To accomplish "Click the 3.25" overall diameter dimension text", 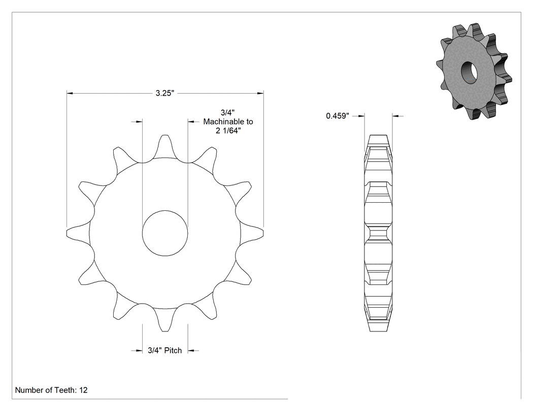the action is pyautogui.click(x=165, y=93).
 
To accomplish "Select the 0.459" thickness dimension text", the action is pyautogui.click(x=338, y=116).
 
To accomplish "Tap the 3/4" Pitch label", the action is pyautogui.click(x=165, y=350).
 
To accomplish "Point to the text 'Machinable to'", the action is pyautogui.click(x=228, y=122).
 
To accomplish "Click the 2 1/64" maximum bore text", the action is pyautogui.click(x=228, y=131).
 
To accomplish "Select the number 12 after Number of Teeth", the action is pyautogui.click(x=83, y=390).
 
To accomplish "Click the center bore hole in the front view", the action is pyautogui.click(x=165, y=233).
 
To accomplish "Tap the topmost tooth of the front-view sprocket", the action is pyautogui.click(x=165, y=146).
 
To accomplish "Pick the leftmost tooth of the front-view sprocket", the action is pyautogui.click(x=78, y=233).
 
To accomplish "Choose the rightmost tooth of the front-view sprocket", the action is pyautogui.click(x=252, y=233).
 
